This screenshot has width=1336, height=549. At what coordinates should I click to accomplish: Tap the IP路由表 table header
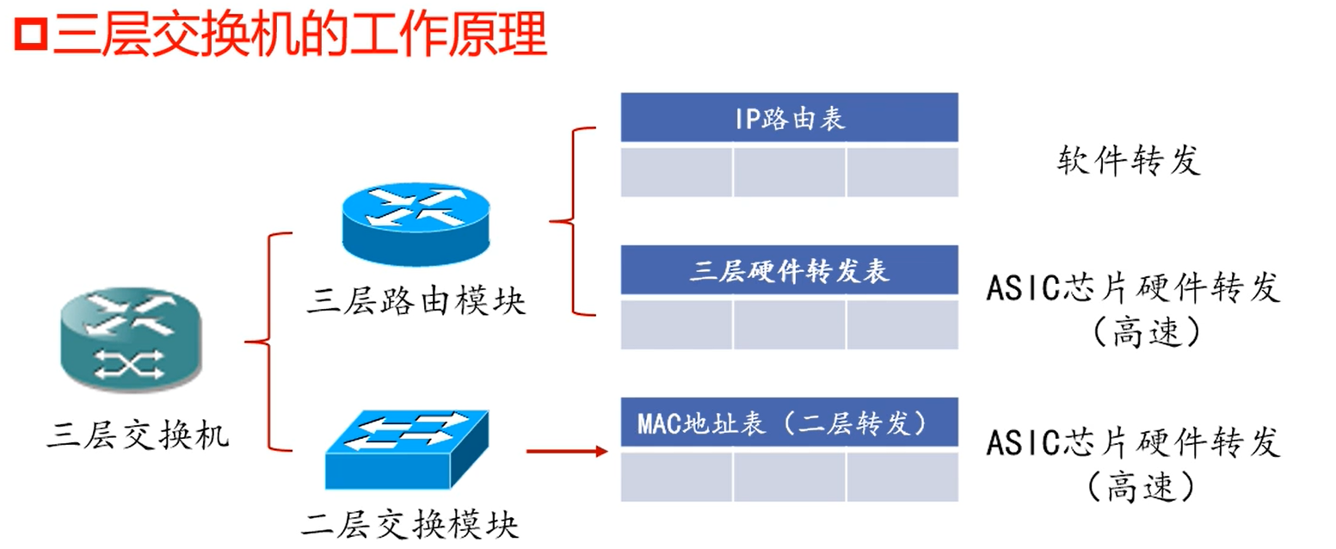point(789,119)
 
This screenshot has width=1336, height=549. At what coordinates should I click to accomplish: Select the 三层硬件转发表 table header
point(789,271)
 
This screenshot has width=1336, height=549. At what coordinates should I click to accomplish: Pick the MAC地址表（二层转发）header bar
point(789,423)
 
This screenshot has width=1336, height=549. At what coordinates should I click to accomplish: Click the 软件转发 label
point(1128,161)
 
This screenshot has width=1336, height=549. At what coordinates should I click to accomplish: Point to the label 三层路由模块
point(416,302)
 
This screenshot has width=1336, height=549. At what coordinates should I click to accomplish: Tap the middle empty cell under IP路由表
point(789,172)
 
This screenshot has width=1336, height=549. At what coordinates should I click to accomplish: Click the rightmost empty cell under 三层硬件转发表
point(902,324)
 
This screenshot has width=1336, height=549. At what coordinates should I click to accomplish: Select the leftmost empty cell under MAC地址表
point(677,476)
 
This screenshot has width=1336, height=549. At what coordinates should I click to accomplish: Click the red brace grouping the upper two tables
point(570,220)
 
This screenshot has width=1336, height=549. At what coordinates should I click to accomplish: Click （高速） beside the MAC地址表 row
point(1140,486)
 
